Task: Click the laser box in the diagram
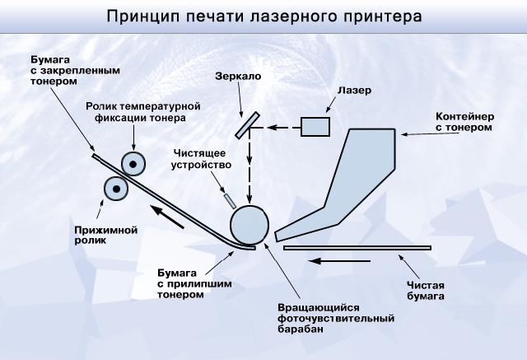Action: point(315,127)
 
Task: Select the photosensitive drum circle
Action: point(250,224)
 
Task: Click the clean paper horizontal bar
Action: point(357,247)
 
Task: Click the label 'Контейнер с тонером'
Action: point(464,122)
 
